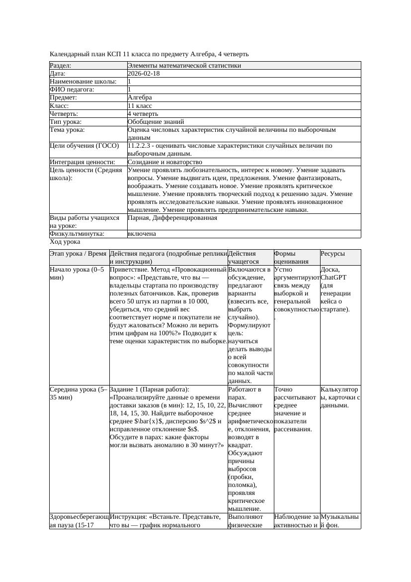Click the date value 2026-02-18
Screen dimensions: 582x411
[x=144, y=74]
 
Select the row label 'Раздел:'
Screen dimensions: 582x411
[x=61, y=66]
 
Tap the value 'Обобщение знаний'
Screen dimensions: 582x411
[x=156, y=122]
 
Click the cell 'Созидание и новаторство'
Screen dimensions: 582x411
[x=164, y=162]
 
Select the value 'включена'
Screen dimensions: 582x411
[x=142, y=234]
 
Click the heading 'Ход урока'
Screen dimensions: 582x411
[x=65, y=242]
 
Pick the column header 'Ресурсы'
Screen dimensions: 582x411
[x=333, y=254]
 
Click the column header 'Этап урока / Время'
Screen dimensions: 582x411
[x=78, y=254]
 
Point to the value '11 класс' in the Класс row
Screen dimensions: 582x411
[x=140, y=106]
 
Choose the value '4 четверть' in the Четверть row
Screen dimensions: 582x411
[x=143, y=114]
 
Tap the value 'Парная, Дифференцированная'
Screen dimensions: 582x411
[x=172, y=218]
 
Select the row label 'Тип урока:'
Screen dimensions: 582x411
[x=66, y=122]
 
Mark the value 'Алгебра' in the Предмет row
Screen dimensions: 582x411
[x=140, y=97]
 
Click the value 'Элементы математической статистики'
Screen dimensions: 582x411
[x=184, y=66]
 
